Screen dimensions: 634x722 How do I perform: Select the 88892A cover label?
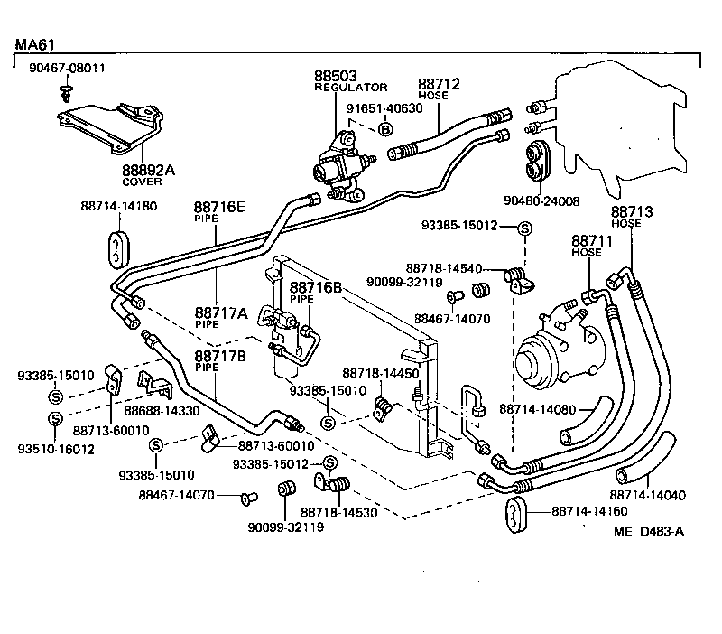click(149, 169)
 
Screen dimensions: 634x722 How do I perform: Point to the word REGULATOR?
click(350, 88)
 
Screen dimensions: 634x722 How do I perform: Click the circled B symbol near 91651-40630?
click(385, 129)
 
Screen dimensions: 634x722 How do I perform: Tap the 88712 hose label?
click(439, 84)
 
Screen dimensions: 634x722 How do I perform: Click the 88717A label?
click(221, 312)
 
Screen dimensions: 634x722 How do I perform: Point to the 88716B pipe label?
click(315, 287)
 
